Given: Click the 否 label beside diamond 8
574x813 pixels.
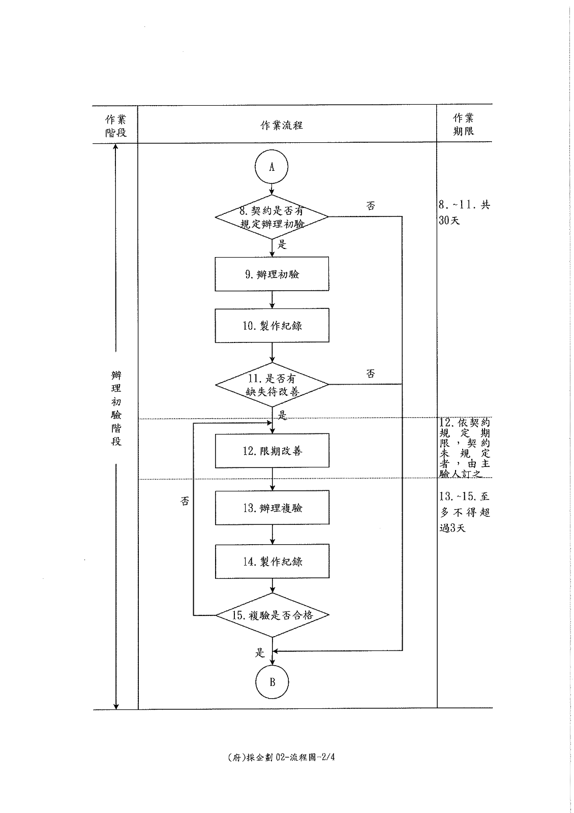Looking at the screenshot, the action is pyautogui.click(x=370, y=206).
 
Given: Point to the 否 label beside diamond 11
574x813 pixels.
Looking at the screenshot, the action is pyautogui.click(x=370, y=373).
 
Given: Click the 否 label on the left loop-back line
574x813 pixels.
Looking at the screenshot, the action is pyautogui.click(x=185, y=501).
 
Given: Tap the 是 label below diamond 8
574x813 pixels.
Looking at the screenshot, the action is pyautogui.click(x=282, y=244).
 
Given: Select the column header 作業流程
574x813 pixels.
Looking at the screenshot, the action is pyautogui.click(x=281, y=126).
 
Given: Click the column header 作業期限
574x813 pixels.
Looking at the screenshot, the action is pyautogui.click(x=463, y=124).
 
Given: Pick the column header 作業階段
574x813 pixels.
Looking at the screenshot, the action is pyautogui.click(x=116, y=126).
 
